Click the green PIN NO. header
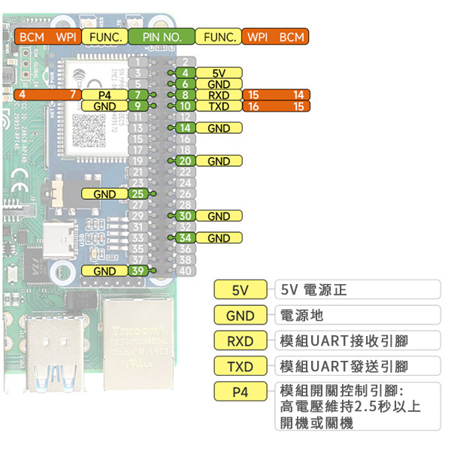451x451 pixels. (x=161, y=36)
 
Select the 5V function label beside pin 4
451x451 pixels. (x=219, y=74)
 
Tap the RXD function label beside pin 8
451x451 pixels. (x=219, y=95)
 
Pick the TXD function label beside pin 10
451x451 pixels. (x=219, y=107)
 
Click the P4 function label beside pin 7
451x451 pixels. (x=104, y=95)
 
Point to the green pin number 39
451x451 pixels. (x=137, y=271)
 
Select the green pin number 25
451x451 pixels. (x=137, y=194)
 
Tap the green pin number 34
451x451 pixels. (x=187, y=238)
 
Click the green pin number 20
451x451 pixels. (x=187, y=162)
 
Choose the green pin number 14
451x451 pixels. (x=187, y=129)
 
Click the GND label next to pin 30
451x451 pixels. (x=219, y=216)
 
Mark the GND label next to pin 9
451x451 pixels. (x=104, y=107)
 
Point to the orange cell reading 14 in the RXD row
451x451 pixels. (x=298, y=95)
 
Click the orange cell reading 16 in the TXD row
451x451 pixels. (x=253, y=107)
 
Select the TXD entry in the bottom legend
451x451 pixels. (x=240, y=367)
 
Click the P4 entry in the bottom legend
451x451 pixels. (x=240, y=392)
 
